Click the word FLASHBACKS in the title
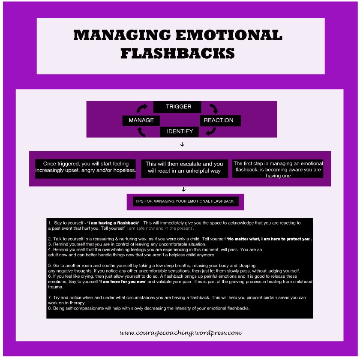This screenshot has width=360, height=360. coord(177,53)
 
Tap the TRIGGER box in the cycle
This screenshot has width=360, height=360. coord(178,107)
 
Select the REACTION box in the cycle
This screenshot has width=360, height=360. coord(219,120)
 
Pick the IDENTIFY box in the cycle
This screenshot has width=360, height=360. coord(180,132)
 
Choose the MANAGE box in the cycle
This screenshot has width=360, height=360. coord(141,120)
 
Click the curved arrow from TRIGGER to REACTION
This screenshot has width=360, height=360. coord(213,108)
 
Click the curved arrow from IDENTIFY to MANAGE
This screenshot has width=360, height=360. coord(141,132)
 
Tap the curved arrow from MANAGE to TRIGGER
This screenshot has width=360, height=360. coord(142,108)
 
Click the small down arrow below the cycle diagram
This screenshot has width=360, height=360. coord(182,144)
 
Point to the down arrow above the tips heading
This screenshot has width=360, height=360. coord(183,189)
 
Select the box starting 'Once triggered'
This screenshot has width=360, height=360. coord(85,169)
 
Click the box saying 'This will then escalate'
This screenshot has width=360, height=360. coord(184,168)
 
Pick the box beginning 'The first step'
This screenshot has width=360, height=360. coord(278,169)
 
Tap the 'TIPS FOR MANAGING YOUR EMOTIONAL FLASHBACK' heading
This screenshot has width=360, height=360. coord(185,201)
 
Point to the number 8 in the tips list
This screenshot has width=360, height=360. coord(50,308)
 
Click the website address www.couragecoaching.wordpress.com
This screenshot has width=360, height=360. coord(180,332)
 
